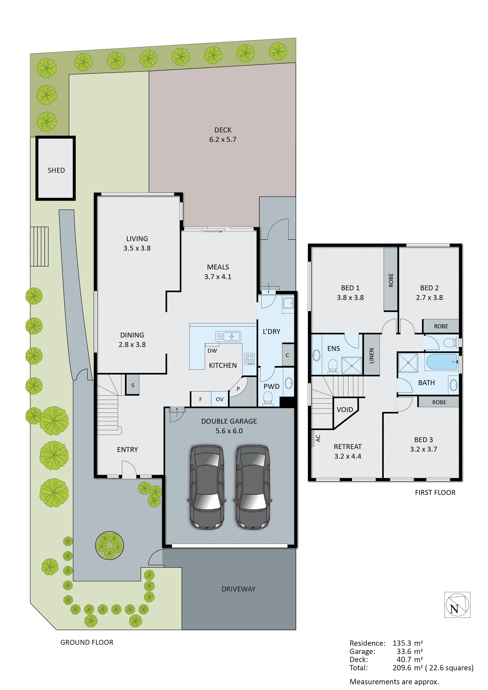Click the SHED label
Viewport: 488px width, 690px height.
click(56, 170)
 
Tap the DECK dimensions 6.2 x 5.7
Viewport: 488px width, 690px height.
click(223, 139)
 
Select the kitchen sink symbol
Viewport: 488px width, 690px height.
click(228, 336)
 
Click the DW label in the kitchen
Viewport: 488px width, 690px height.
click(212, 351)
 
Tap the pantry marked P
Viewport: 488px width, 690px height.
click(238, 389)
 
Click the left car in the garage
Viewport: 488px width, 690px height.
click(207, 487)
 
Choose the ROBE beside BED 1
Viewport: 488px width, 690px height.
click(391, 280)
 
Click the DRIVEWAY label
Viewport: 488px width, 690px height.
click(238, 589)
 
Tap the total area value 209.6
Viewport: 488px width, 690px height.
click(402, 668)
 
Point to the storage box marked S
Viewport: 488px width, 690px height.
click(133, 385)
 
